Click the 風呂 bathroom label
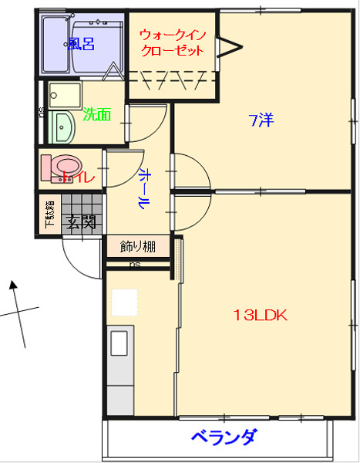(81, 44)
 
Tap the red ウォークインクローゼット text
(172, 42)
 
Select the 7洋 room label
(261, 120)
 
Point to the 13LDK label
(261, 315)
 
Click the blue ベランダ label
(223, 438)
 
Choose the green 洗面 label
(97, 115)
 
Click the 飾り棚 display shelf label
(138, 247)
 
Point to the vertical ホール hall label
(143, 188)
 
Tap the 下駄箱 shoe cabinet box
(49, 215)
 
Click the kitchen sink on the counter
(119, 343)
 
